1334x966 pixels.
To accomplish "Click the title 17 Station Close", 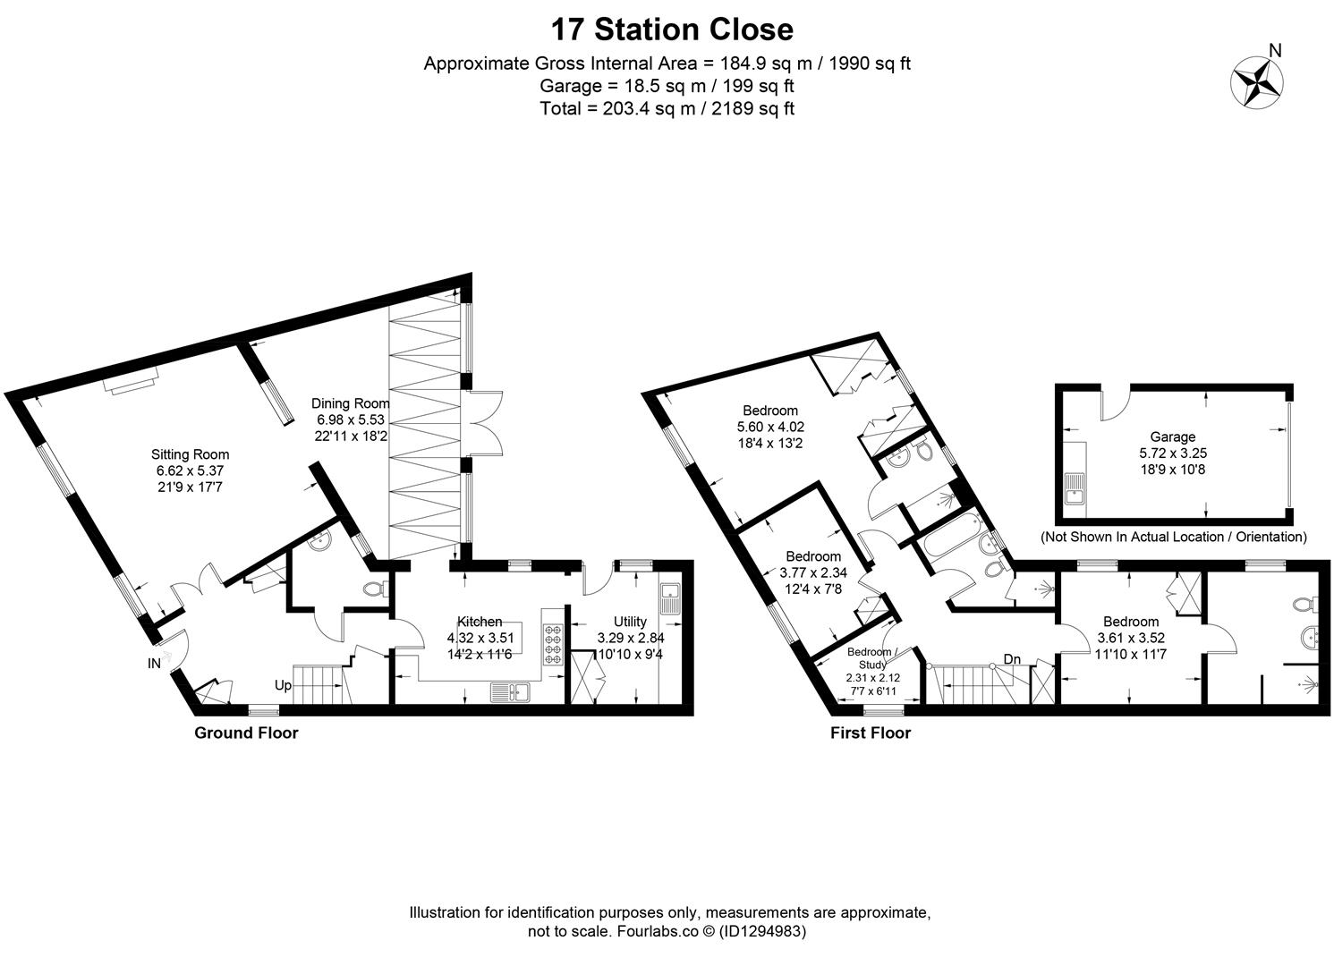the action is pos(672,30).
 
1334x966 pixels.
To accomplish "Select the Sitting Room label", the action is pos(190,454).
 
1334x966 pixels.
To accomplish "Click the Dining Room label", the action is pos(350,403).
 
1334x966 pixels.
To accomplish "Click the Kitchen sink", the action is pos(510,693).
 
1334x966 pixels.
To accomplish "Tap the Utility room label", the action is pos(630,622).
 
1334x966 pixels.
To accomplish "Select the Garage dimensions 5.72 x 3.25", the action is pos(1173,453).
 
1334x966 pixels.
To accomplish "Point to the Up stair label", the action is pos(283,686).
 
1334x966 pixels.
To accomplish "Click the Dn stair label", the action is pos(1013,659).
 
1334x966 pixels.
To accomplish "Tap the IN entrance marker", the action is pos(154,663).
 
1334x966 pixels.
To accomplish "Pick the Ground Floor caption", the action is pos(246,733).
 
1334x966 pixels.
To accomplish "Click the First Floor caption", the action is pos(871,733).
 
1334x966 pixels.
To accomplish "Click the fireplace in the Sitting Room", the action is pos(131,381).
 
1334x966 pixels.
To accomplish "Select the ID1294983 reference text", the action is pos(761,931).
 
